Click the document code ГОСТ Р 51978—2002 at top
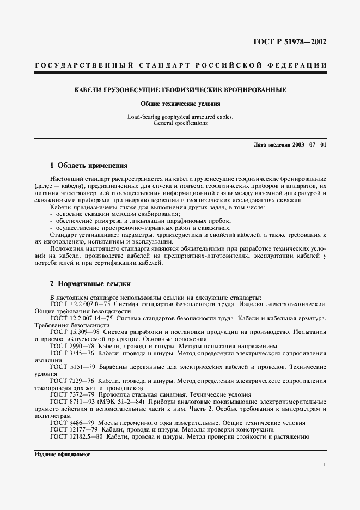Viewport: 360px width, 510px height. [x=295, y=41]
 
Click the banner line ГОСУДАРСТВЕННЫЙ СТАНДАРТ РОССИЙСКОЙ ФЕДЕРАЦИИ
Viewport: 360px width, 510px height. [x=180, y=66]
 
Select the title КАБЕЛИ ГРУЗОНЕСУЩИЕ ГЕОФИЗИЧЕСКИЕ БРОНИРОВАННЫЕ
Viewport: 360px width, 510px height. [x=180, y=89]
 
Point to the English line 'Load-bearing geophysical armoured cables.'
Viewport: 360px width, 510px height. [x=180, y=117]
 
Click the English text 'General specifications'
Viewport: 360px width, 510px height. [x=180, y=123]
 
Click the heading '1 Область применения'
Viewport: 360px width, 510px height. [x=88, y=165]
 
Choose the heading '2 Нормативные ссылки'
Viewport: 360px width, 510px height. [x=90, y=284]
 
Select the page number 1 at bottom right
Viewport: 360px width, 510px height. [x=325, y=465]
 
